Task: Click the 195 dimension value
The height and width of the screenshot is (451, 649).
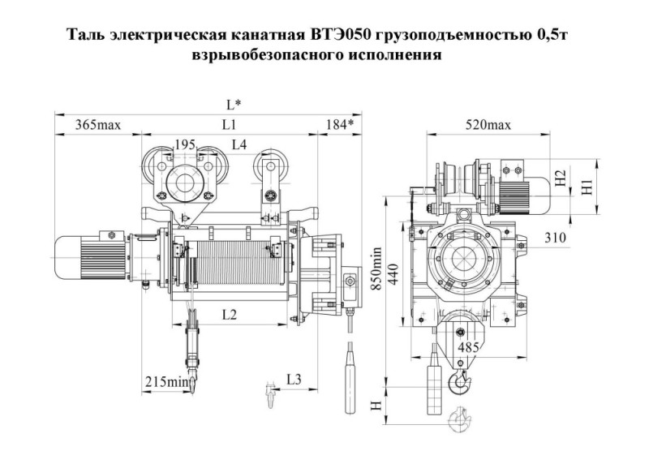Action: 186,144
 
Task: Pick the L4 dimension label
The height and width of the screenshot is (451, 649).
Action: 239,144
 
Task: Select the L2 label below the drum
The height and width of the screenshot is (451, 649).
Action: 229,315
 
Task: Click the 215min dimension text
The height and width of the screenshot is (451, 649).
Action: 167,380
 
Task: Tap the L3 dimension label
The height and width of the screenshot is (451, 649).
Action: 294,380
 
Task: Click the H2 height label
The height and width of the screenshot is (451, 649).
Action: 560,179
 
